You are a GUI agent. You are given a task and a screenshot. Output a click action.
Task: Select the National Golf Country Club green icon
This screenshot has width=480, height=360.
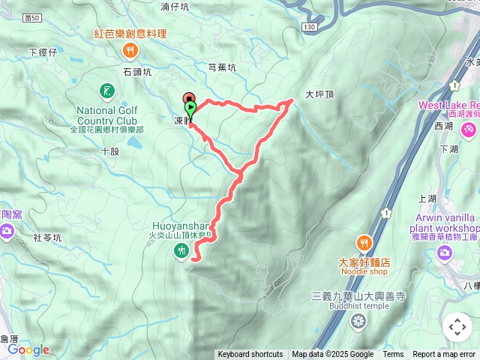[107, 92]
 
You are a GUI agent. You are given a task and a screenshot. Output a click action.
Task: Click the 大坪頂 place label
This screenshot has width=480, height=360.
[319, 95]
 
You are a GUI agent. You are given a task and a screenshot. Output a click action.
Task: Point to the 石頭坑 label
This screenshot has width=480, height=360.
[136, 72]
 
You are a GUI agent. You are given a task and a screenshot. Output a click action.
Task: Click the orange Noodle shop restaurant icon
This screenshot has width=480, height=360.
[364, 242]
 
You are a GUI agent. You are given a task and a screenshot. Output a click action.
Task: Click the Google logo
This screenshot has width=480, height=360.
[28, 349]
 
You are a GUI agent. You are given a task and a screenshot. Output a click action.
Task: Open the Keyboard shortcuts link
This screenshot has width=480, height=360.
[250, 355]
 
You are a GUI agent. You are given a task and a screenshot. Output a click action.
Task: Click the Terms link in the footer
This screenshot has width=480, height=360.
[393, 355]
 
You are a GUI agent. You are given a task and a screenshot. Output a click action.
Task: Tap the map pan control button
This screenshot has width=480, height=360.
[457, 327]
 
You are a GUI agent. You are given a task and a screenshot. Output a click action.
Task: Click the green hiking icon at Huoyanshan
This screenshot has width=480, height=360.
[181, 251]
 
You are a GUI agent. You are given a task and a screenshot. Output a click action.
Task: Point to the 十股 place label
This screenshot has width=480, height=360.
[109, 151]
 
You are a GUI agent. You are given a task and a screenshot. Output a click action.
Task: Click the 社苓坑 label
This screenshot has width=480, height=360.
[46, 237]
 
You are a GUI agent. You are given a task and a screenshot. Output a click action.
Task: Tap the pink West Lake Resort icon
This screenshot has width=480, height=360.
[469, 130]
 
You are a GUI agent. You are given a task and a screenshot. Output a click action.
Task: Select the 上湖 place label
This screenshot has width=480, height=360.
[427, 198]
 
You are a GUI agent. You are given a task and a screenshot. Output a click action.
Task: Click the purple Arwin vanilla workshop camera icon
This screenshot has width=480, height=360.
[444, 253]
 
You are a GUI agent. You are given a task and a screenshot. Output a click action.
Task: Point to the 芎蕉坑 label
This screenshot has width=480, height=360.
[221, 67]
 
